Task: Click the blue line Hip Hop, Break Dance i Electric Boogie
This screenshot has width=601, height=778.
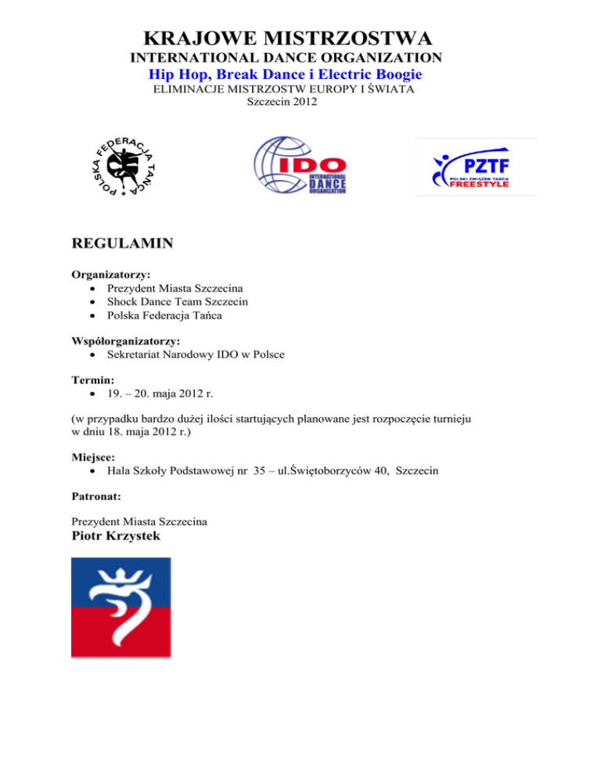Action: [x=286, y=74]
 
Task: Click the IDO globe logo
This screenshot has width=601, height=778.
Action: [x=300, y=166]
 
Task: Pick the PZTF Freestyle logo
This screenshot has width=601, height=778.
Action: [x=476, y=167]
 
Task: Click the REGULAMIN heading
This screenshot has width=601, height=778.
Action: [x=122, y=243]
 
